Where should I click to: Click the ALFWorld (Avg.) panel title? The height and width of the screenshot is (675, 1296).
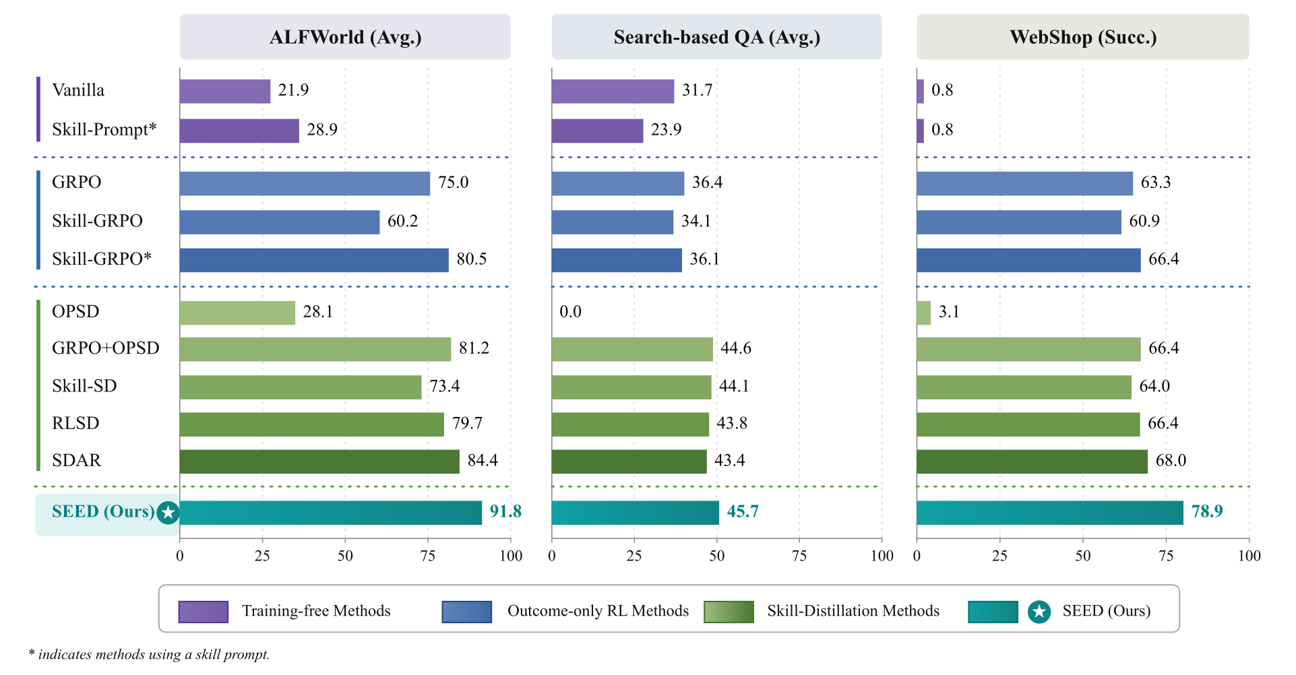pyautogui.click(x=345, y=37)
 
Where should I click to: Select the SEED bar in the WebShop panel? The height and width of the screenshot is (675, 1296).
pyautogui.click(x=1049, y=513)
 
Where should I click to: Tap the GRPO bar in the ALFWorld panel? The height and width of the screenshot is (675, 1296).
pyautogui.click(x=305, y=183)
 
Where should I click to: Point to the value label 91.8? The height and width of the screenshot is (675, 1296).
pyautogui.click(x=505, y=511)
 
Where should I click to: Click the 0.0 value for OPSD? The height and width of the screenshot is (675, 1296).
pyautogui.click(x=570, y=311)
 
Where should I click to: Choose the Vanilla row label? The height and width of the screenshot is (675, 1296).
pyautogui.click(x=78, y=90)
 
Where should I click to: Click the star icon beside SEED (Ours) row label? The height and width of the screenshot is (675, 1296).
pyautogui.click(x=168, y=513)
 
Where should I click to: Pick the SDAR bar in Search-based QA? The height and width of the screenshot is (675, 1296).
pyautogui.click(x=629, y=461)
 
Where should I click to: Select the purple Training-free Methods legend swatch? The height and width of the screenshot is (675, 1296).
pyautogui.click(x=204, y=612)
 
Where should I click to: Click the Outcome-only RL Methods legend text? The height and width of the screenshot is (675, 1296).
pyautogui.click(x=598, y=611)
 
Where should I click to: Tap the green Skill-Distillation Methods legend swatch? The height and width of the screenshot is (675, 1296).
pyautogui.click(x=729, y=612)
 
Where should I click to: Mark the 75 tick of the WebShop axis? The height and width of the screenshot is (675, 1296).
pyautogui.click(x=1166, y=556)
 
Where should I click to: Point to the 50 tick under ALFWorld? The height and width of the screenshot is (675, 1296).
pyautogui.click(x=345, y=556)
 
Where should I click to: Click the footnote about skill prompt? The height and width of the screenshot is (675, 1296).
pyautogui.click(x=149, y=654)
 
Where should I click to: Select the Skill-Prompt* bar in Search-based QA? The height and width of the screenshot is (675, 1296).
pyautogui.click(x=597, y=131)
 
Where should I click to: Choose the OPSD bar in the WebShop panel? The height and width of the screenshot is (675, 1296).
pyautogui.click(x=923, y=313)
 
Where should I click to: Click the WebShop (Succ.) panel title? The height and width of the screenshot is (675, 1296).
pyautogui.click(x=1083, y=37)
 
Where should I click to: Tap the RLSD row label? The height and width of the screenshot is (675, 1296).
pyautogui.click(x=75, y=423)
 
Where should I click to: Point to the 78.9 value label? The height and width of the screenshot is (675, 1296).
pyautogui.click(x=1207, y=511)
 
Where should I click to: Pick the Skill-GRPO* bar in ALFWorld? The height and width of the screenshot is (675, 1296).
pyautogui.click(x=314, y=260)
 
